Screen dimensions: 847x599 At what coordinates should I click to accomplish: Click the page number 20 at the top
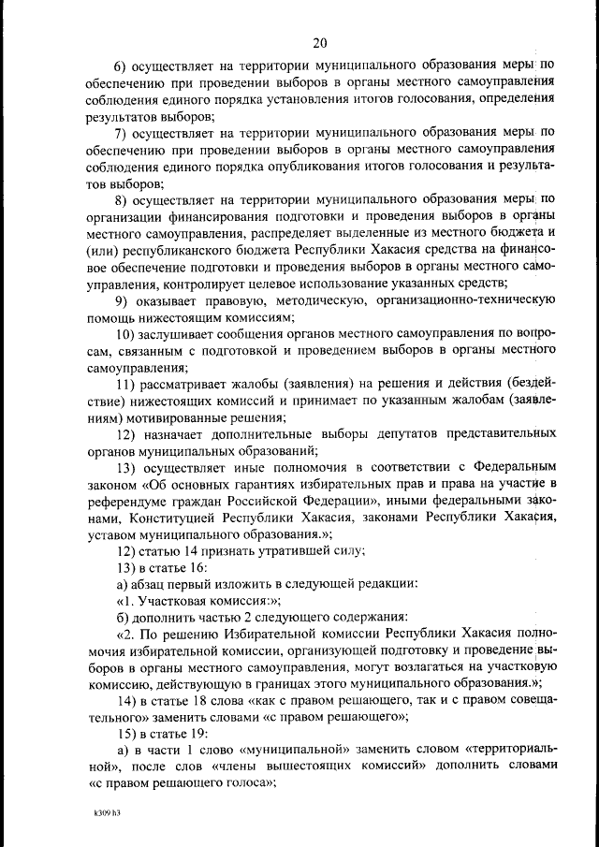point(320,43)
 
